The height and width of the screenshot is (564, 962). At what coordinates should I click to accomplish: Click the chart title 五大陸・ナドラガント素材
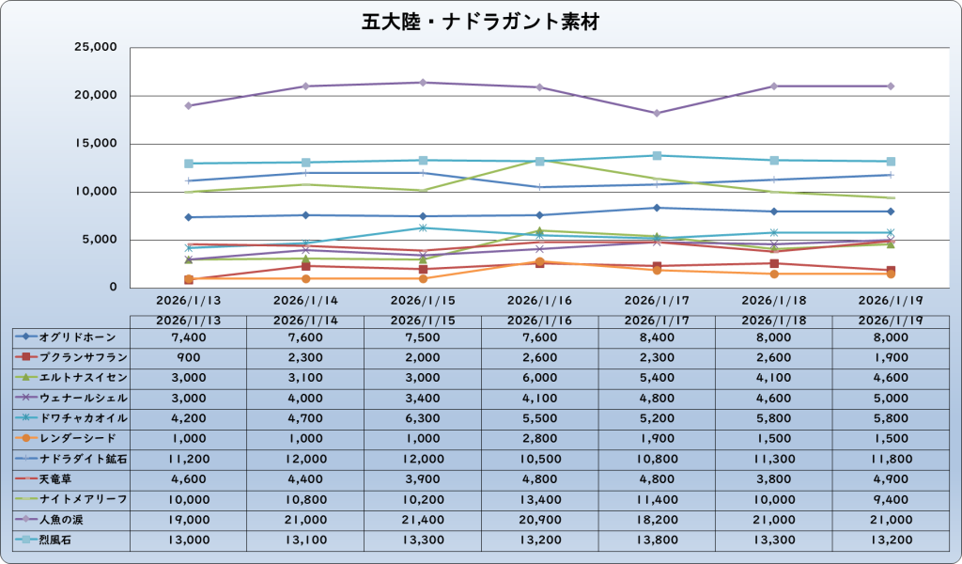pyautogui.click(x=480, y=22)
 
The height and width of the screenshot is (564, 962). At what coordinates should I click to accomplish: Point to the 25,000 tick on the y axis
pyautogui.click(x=95, y=47)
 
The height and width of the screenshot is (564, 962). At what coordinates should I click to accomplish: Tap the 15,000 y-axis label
pyautogui.click(x=95, y=144)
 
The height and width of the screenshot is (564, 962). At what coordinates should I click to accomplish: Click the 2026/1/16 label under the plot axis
pyautogui.click(x=539, y=302)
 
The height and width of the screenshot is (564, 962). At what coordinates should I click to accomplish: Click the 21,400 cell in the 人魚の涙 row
pyautogui.click(x=423, y=519)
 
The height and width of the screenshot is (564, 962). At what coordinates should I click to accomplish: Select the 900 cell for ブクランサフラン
pyautogui.click(x=188, y=357)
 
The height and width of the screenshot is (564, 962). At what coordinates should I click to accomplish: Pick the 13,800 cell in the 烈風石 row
pyautogui.click(x=657, y=540)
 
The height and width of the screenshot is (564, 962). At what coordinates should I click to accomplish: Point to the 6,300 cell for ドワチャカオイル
pyautogui.click(x=423, y=417)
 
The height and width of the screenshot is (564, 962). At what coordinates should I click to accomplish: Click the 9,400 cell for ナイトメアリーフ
pyautogui.click(x=891, y=499)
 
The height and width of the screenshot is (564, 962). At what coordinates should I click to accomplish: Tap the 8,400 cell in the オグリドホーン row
pyautogui.click(x=657, y=337)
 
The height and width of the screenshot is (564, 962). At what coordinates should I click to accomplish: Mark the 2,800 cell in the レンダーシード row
pyautogui.click(x=539, y=438)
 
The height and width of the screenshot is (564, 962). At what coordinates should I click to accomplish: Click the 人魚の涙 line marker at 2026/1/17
pyautogui.click(x=657, y=113)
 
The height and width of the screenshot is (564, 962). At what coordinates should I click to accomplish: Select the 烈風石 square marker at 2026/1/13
pyautogui.click(x=189, y=164)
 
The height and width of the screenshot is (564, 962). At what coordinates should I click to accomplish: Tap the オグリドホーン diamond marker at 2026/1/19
pyautogui.click(x=891, y=211)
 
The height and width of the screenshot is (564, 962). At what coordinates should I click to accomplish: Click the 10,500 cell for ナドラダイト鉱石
pyautogui.click(x=539, y=459)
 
